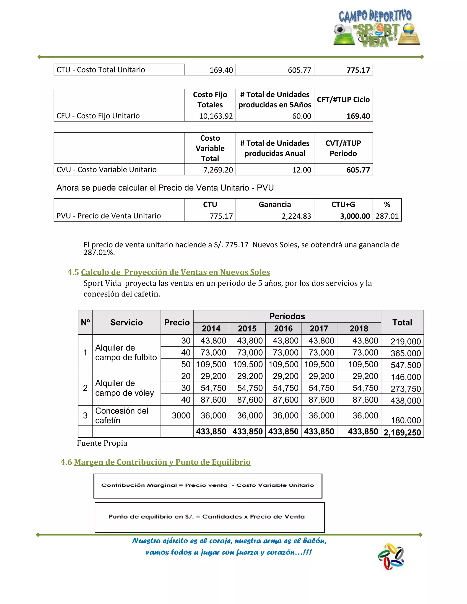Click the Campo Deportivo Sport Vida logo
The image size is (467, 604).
[x=376, y=28]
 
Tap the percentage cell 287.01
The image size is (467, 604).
[x=387, y=216]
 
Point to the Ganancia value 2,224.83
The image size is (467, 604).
[x=296, y=216]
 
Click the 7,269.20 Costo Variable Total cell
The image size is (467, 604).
[x=218, y=170]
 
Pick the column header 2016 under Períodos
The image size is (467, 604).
[x=283, y=328]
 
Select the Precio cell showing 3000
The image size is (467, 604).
[x=181, y=415]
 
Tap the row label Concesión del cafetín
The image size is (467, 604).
[x=122, y=415]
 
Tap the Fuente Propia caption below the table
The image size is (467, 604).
[x=102, y=443]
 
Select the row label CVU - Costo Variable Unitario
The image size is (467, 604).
[x=106, y=170]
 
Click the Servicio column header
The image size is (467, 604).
[x=126, y=323]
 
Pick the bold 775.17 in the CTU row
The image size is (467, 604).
[x=358, y=70]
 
